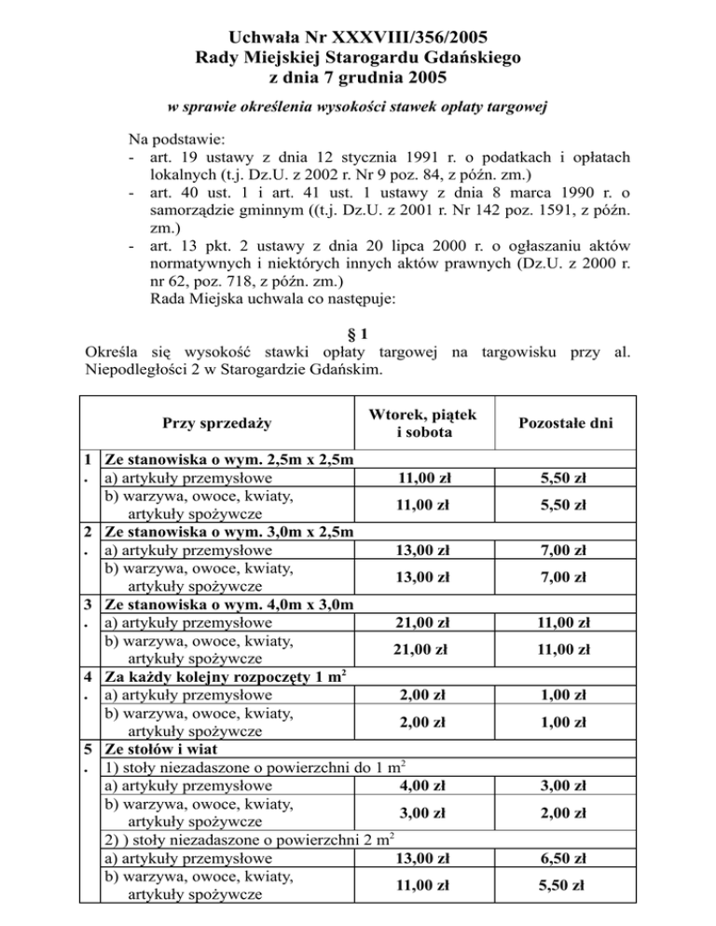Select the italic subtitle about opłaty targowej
358,110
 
